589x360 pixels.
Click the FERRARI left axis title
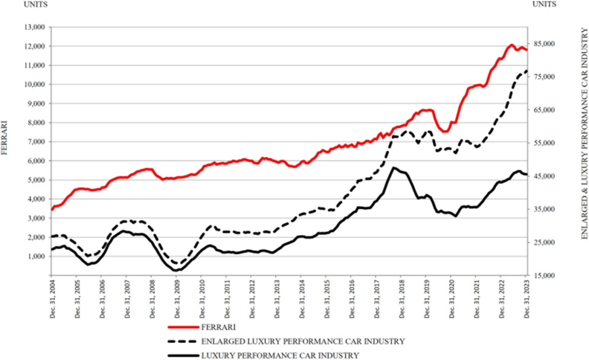click(x=6, y=137)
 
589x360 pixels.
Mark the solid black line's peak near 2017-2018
click(x=393, y=167)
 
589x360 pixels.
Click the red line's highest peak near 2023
click(x=511, y=45)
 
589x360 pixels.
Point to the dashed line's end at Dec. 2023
click(x=526, y=71)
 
